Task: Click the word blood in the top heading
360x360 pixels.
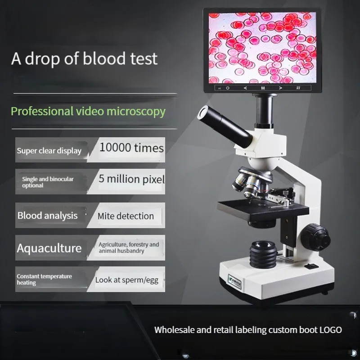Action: point(104,58)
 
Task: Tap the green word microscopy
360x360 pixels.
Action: point(136,112)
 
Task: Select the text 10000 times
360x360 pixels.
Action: point(131,148)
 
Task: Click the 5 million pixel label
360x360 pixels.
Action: point(132,179)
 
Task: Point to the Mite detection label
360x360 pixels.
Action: point(126,216)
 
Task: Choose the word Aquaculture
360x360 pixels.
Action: point(49,248)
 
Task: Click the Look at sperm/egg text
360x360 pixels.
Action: point(127,280)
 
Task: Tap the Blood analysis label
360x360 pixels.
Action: point(48,216)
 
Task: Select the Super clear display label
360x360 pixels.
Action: point(49,151)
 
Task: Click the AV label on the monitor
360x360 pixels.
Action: point(298,88)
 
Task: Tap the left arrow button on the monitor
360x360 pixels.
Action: point(245,88)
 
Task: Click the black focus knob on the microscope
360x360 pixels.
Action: point(316,237)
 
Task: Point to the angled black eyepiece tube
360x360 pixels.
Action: point(225,126)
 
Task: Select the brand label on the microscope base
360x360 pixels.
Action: point(234,282)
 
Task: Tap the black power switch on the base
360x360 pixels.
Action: point(311,266)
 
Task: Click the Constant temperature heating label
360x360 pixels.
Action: point(44,279)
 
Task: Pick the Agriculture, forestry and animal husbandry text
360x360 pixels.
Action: point(129,247)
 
